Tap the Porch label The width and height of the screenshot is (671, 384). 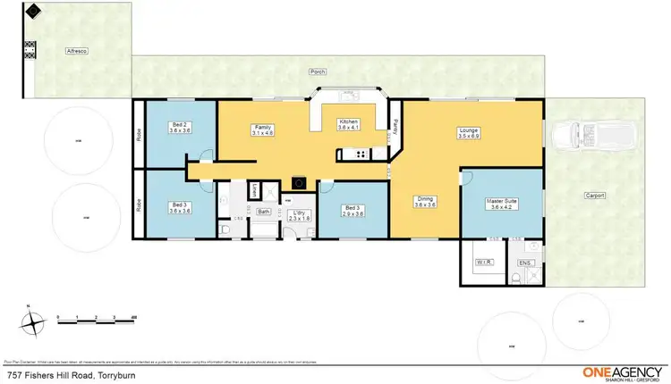tap(317, 71)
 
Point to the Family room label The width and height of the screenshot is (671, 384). tap(263, 131)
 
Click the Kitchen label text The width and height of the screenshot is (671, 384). tap(348, 125)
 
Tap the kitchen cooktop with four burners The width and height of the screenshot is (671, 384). tap(361, 154)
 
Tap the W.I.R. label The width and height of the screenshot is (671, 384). tap(484, 263)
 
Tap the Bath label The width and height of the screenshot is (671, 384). tap(264, 212)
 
